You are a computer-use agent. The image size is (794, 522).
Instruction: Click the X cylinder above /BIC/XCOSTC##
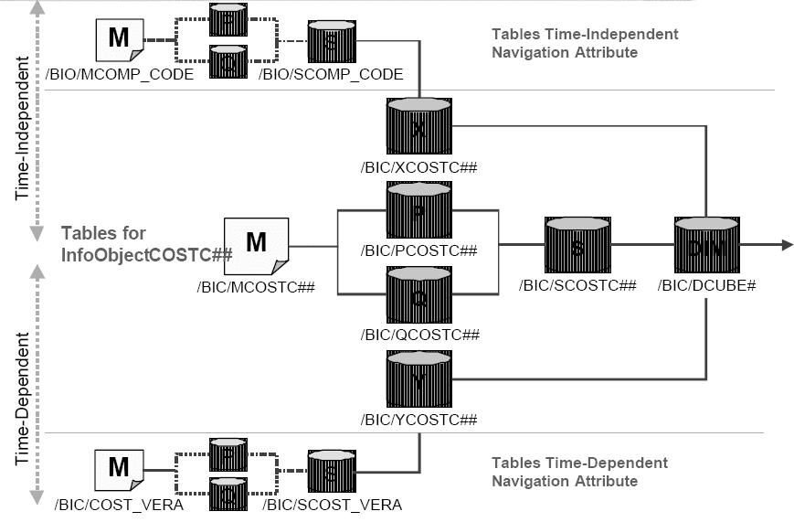coord(419,130)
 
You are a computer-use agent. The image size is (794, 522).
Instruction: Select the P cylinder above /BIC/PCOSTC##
coord(419,212)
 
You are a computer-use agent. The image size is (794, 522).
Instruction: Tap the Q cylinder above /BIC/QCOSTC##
coord(419,296)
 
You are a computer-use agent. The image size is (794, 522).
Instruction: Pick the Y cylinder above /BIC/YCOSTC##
coord(419,380)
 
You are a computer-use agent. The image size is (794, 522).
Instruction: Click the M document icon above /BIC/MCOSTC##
coord(257,245)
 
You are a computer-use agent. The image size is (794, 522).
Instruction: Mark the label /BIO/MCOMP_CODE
coord(124,74)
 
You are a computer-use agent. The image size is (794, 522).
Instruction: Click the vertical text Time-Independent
coord(22,138)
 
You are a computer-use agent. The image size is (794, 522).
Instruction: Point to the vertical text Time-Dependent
coord(22,385)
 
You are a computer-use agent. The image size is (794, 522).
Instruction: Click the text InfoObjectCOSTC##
coord(146,253)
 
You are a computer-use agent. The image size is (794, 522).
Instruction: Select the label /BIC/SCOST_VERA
coord(332,505)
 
